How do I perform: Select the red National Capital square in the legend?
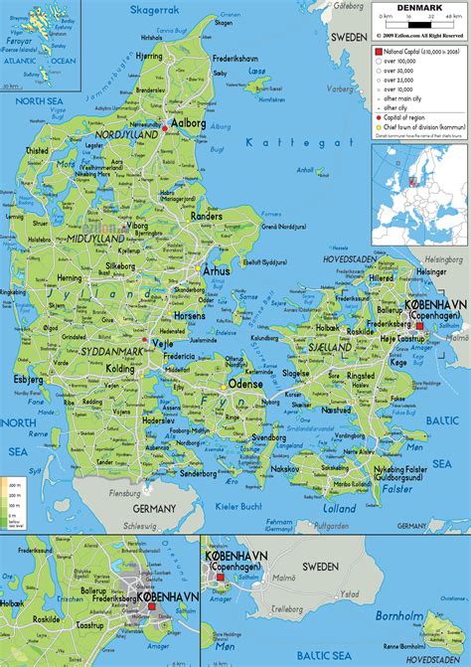click(379, 49)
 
